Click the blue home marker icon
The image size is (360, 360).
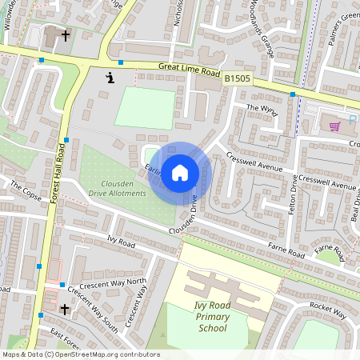tap(180, 172)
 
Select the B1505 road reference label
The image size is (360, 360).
tap(238, 78)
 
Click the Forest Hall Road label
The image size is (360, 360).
tap(58, 175)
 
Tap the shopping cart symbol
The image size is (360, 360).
tap(334, 126)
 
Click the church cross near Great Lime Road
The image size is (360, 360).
tap(65, 36)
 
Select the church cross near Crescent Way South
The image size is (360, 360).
tap(65, 308)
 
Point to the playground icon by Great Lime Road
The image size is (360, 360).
tap(110, 78)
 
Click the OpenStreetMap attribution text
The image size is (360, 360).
tap(80, 354)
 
